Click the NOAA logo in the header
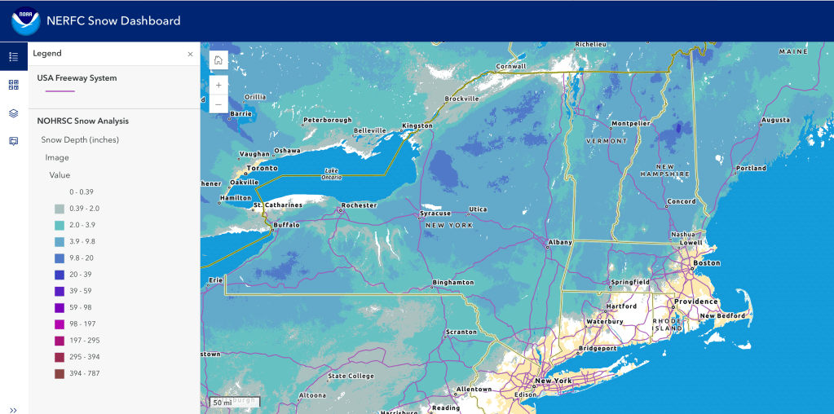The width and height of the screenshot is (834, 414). click(x=24, y=21)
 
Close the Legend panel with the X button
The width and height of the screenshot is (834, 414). click(x=190, y=54)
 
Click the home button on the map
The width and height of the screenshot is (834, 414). click(x=218, y=60)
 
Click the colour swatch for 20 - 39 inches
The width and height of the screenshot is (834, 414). click(x=60, y=275)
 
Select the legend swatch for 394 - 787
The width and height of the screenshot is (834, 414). click(x=60, y=374)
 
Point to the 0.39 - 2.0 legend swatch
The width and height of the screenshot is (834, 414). click(x=60, y=209)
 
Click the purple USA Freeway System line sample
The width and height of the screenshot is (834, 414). click(x=60, y=91)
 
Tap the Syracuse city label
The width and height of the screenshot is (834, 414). click(x=435, y=214)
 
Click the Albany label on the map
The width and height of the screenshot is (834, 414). click(x=560, y=242)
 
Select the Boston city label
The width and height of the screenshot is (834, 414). click(x=706, y=262)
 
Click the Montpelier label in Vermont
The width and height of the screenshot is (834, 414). click(x=630, y=124)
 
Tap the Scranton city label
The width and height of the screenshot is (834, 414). click(x=461, y=332)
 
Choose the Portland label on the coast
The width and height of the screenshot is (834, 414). click(x=750, y=168)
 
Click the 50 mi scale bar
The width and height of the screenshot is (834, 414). click(x=222, y=403)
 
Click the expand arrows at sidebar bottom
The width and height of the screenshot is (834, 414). click(x=13, y=409)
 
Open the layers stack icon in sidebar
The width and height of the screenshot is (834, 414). click(x=13, y=112)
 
